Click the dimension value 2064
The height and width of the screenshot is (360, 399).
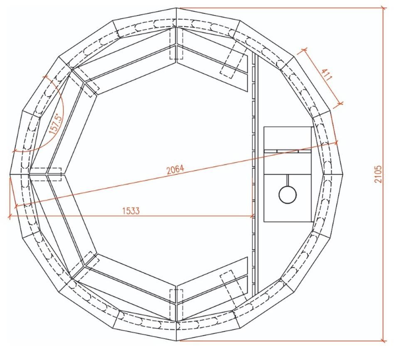(175, 170)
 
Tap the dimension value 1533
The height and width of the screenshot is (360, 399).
(131, 211)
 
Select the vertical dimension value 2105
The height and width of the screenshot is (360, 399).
(378, 174)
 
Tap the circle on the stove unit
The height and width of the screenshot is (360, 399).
(288, 195)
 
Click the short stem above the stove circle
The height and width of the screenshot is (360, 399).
(288, 180)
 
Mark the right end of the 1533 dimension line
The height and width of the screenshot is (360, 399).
(252, 217)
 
